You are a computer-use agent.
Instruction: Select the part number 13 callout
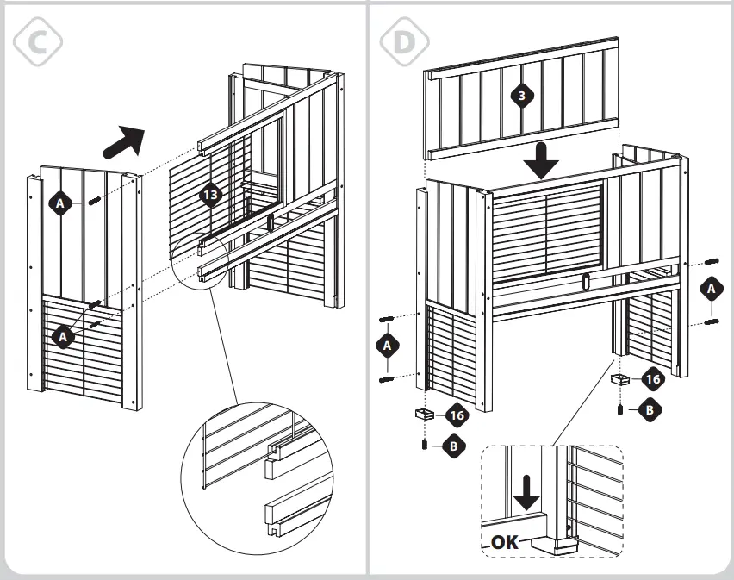(210, 195)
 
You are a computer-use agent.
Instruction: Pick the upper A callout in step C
(59, 203)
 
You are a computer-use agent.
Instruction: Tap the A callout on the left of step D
(387, 346)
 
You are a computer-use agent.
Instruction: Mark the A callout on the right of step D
(712, 290)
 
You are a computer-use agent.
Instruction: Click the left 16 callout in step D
(457, 415)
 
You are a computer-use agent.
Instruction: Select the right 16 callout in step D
(653, 378)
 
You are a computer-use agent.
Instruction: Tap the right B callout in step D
(650, 410)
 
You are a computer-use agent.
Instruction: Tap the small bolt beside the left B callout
(424, 445)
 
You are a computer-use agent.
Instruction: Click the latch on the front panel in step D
(585, 281)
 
